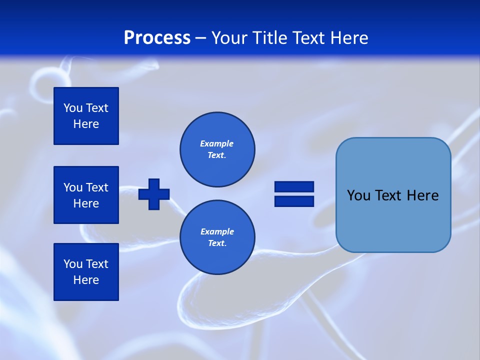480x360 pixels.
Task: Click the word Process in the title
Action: click(x=157, y=38)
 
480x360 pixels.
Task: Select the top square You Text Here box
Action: click(x=86, y=116)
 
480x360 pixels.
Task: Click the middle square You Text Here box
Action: click(x=86, y=195)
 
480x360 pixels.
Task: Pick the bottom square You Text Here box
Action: click(x=86, y=272)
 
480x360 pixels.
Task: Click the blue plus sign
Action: click(x=154, y=194)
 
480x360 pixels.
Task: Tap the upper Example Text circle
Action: click(x=217, y=149)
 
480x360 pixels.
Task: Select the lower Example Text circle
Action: click(x=217, y=237)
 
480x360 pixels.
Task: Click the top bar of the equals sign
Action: click(x=294, y=187)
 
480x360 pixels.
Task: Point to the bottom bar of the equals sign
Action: click(x=294, y=201)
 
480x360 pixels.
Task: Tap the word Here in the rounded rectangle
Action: click(x=422, y=195)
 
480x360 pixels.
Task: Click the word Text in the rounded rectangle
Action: click(x=389, y=195)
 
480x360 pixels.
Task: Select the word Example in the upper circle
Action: click(x=217, y=144)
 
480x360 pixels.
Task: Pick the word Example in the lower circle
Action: click(x=217, y=232)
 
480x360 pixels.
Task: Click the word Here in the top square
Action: click(x=86, y=124)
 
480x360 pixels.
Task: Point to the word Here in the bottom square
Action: click(x=86, y=280)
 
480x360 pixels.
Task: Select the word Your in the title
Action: click(x=229, y=38)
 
